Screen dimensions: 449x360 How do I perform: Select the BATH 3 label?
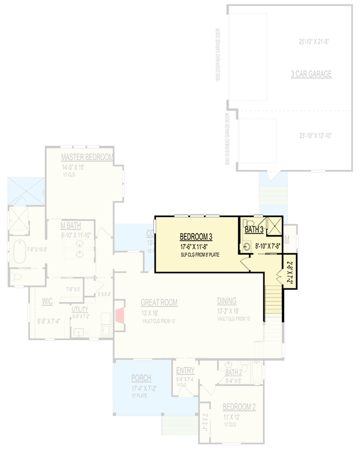point(254,230)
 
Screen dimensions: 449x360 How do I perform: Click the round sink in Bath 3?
point(248,246)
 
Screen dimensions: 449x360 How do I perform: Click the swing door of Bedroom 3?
point(245,264)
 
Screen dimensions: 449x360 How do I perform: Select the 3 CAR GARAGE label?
point(311,74)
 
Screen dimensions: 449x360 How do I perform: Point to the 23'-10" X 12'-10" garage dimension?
point(316,135)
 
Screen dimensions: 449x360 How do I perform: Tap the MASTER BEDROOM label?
point(87,157)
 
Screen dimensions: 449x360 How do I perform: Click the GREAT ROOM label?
point(159,303)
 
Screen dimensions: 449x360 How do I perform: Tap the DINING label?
point(227,301)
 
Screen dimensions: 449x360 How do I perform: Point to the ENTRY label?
point(185,371)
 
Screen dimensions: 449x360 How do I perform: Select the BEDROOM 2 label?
point(239,407)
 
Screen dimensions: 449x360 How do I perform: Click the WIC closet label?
point(47,301)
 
